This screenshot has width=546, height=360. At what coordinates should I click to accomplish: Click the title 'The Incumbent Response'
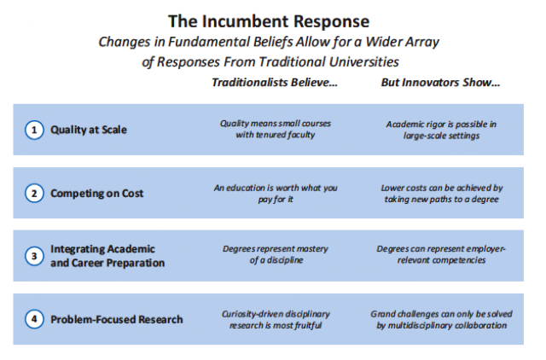click(x=269, y=21)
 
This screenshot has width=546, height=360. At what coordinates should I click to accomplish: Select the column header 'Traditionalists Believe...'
click(x=275, y=82)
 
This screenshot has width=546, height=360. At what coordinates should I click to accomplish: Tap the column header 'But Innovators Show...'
click(x=440, y=82)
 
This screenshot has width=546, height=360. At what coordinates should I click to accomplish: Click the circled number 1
click(x=34, y=130)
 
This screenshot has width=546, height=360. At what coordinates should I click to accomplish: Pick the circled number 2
click(x=34, y=194)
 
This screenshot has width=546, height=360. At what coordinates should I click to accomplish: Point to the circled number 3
click(x=34, y=256)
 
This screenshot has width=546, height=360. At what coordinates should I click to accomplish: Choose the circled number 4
click(x=34, y=319)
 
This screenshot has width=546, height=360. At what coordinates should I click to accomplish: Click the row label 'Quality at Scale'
click(x=89, y=130)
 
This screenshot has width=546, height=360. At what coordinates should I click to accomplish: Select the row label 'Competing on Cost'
click(x=96, y=194)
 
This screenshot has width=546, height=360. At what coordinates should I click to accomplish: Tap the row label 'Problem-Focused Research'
click(x=117, y=319)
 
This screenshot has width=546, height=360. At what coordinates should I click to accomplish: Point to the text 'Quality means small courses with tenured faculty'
click(x=275, y=129)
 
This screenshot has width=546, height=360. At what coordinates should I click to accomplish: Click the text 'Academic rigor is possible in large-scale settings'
click(x=441, y=130)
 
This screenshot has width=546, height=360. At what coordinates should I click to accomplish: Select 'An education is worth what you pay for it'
click(x=276, y=194)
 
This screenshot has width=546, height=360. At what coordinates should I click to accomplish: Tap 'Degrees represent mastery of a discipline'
click(x=276, y=254)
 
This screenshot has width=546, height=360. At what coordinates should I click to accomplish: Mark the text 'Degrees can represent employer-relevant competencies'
click(x=441, y=254)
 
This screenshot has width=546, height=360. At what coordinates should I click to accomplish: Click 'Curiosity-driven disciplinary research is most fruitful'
click(x=276, y=320)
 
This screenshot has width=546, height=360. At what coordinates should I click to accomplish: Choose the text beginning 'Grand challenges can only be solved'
click(x=441, y=320)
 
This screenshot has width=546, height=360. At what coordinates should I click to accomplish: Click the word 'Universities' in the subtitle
click(x=363, y=62)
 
